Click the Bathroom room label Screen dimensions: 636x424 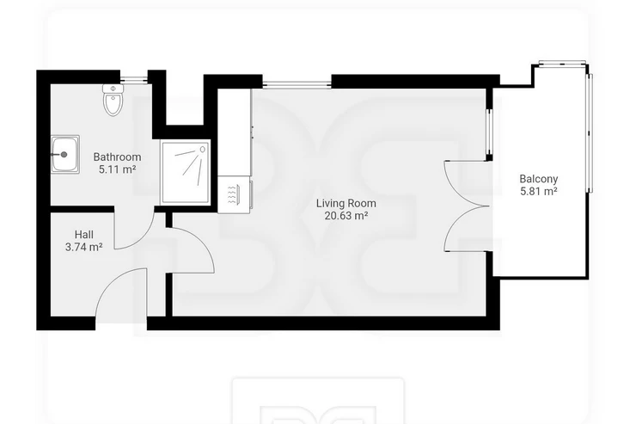click(x=117, y=157)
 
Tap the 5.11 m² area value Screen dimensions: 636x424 click(x=117, y=169)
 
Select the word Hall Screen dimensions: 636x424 click(x=84, y=235)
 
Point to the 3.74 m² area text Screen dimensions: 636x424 click(x=84, y=247)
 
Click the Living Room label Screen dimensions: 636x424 click(x=346, y=203)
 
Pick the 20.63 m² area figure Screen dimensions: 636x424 click(x=346, y=216)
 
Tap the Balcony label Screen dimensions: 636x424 click(x=539, y=179)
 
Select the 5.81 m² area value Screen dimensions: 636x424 click(x=539, y=191)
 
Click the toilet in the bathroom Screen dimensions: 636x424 click(x=113, y=100)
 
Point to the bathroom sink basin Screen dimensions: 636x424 click(x=65, y=155)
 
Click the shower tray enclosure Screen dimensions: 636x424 click(x=186, y=173)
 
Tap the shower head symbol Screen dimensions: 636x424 click(x=203, y=150)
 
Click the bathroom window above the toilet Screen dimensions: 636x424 click(x=134, y=79)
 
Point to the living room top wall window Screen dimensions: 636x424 click(x=297, y=84)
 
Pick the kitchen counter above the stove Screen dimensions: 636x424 click(x=235, y=132)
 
